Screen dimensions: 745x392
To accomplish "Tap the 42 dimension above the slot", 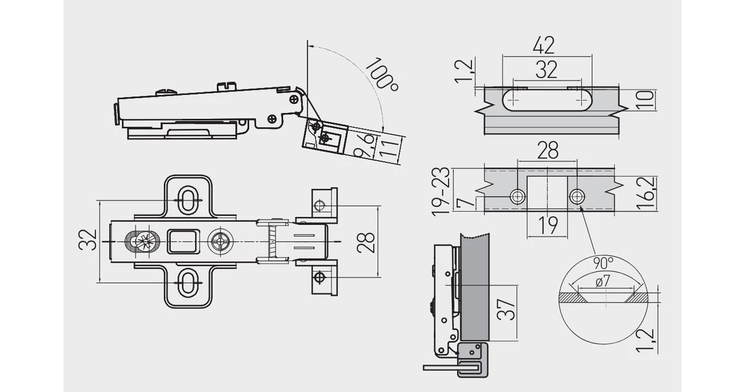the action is click(x=544, y=45).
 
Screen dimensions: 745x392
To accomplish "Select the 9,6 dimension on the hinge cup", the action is click(x=364, y=145).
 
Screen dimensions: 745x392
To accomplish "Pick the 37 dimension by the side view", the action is click(x=505, y=309).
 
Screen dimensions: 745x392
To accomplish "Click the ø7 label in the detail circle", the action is click(x=602, y=281).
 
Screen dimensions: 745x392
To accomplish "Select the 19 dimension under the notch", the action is click(x=547, y=226).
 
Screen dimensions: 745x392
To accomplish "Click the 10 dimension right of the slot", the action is click(x=645, y=100).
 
